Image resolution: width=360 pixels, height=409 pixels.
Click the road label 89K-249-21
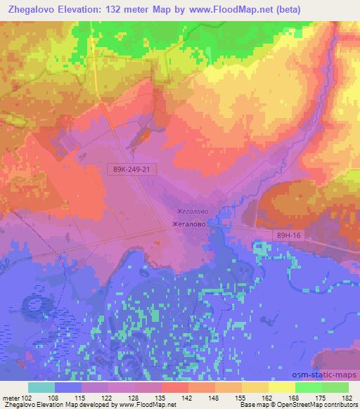click(133, 169)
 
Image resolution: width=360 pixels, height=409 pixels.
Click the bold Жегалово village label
click(189, 225)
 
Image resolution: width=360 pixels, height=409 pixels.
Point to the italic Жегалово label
click(191, 211)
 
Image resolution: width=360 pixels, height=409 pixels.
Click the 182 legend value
click(347, 398)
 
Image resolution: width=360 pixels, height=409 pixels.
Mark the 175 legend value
click(321, 398)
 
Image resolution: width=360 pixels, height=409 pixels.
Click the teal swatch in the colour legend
click(42, 387)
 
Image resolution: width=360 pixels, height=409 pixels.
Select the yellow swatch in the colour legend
click(281, 387)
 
